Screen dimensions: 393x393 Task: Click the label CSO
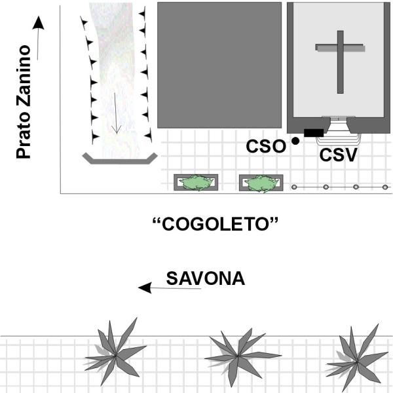tap(266, 146)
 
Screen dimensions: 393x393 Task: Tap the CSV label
tap(338, 155)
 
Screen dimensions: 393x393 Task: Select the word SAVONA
tap(205, 278)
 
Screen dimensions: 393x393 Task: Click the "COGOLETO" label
tap(215, 224)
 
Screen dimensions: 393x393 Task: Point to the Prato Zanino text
tap(24, 102)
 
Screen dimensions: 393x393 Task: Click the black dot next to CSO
tap(295, 141)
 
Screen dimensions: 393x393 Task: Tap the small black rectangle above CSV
tap(314, 133)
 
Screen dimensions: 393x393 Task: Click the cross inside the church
tap(340, 62)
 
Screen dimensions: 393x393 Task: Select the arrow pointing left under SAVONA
tap(170, 288)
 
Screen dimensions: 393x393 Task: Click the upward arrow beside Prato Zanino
tap(38, 38)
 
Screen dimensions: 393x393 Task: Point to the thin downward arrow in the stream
tap(116, 113)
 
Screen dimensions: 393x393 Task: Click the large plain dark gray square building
tap(219, 65)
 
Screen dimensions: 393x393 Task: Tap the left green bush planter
tap(196, 183)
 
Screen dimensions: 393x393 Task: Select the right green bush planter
tap(261, 183)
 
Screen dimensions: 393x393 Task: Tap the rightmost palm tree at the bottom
tap(357, 361)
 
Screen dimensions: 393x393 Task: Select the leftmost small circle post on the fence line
tap(294, 187)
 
